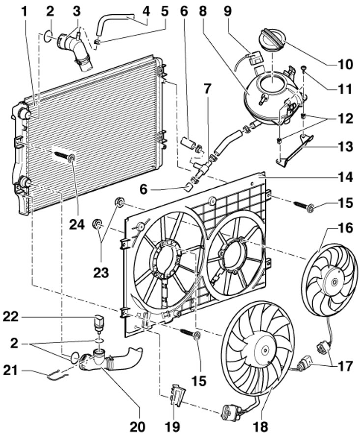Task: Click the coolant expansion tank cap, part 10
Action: click(x=272, y=40)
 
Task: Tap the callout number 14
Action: click(x=345, y=177)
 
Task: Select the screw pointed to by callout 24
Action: click(x=65, y=156)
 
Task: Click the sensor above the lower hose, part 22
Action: click(x=98, y=323)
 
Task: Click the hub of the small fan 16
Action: click(x=334, y=282)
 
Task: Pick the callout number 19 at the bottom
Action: click(x=172, y=427)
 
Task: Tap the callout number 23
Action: click(x=101, y=273)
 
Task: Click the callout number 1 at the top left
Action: click(x=25, y=11)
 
